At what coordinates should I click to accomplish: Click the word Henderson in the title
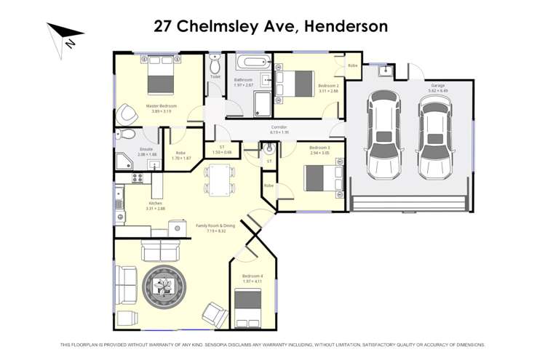[346, 27]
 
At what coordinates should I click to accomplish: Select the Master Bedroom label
[161, 105]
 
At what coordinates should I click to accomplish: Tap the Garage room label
[437, 85]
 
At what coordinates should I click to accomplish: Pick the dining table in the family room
[220, 179]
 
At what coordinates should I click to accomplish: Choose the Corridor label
[279, 128]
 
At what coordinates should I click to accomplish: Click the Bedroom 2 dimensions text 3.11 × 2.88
[328, 92]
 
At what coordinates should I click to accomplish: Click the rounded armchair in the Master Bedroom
[128, 113]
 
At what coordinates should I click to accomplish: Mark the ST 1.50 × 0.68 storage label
[222, 149]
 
